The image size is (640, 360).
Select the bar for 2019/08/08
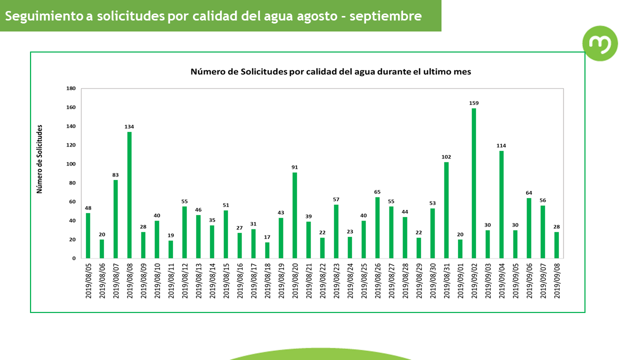(129, 195)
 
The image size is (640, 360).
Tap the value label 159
(474, 103)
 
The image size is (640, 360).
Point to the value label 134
(129, 126)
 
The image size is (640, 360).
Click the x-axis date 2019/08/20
(295, 281)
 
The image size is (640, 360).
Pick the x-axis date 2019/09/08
(556, 281)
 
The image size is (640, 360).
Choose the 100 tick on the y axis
(71, 164)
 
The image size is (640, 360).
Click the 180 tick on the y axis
(71, 88)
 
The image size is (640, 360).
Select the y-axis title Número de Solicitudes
(40, 159)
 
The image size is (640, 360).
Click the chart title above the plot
(330, 71)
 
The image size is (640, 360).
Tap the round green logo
(600, 43)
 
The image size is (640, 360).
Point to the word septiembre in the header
(385, 16)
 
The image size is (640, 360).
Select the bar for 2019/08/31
(446, 210)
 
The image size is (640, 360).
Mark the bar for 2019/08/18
(267, 250)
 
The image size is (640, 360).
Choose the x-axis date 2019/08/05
(88, 281)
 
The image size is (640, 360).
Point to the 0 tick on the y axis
(74, 258)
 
